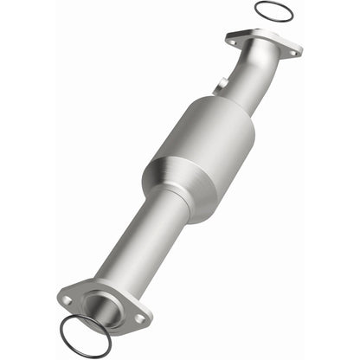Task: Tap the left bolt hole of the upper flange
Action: pos(232,38)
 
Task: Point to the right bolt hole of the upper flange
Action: pos(293,53)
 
